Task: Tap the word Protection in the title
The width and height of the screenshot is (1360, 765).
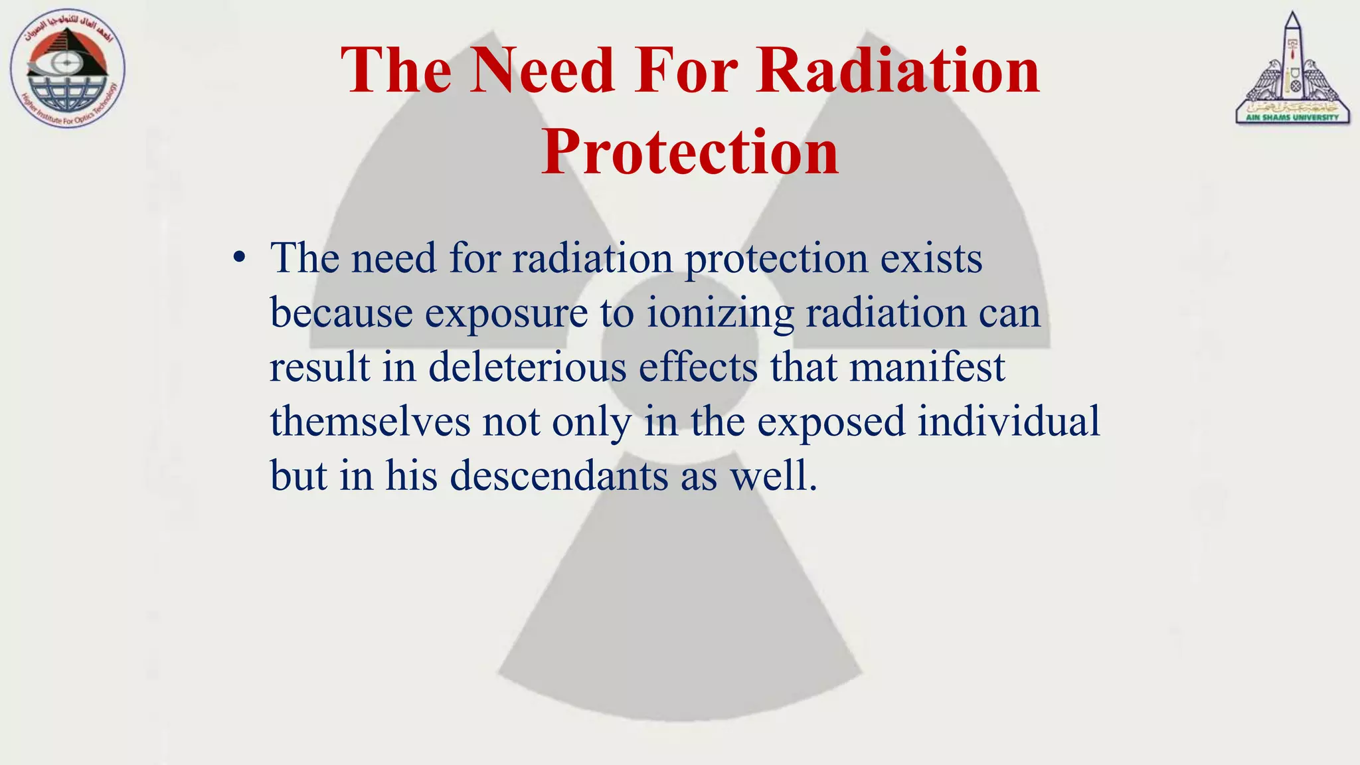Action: (690, 152)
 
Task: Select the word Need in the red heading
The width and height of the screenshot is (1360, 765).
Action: (542, 70)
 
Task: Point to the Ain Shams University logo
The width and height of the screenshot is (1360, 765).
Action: (1292, 70)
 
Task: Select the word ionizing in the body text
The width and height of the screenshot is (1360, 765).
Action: (720, 313)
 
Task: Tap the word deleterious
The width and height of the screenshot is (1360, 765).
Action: (527, 367)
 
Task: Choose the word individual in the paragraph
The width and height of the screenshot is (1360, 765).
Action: (1009, 422)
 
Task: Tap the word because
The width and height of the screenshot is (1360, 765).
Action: (341, 313)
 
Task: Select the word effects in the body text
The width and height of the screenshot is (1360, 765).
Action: (698, 367)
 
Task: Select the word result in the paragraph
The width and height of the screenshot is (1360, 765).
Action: (319, 367)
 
